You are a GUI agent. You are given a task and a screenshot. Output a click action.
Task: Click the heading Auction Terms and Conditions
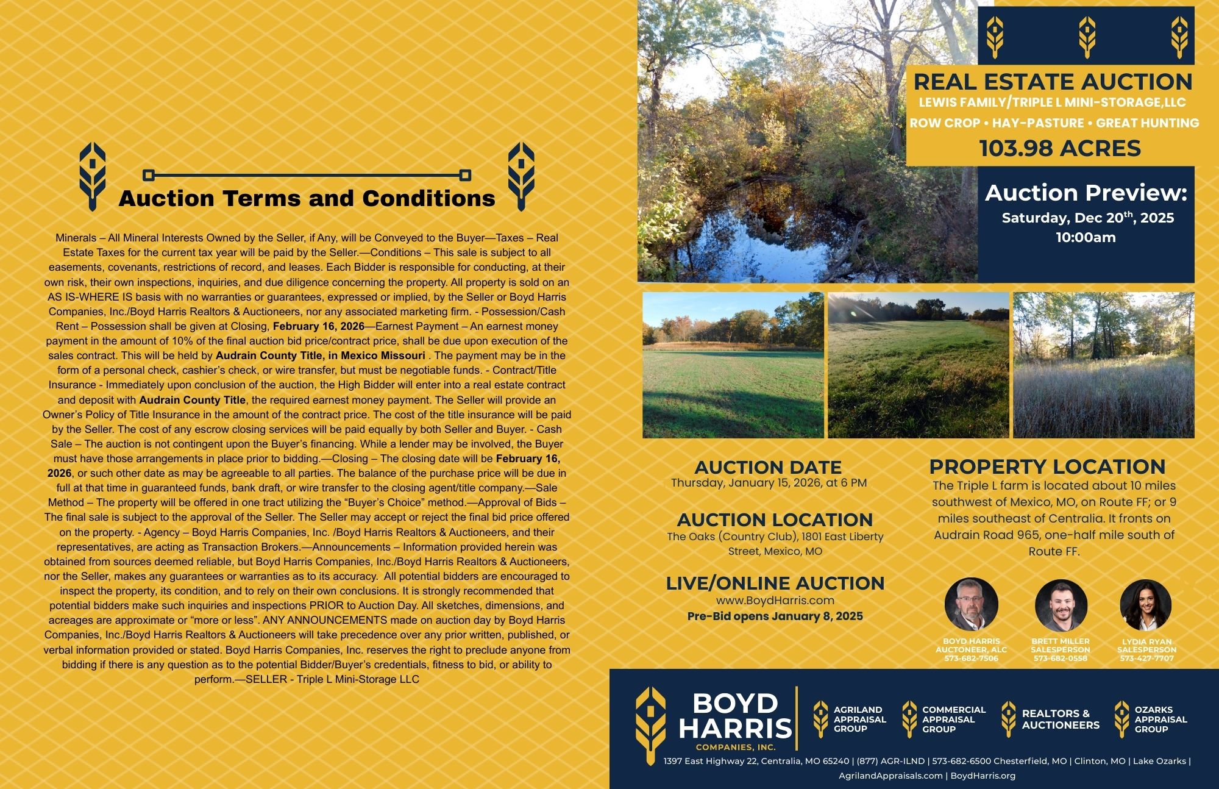point(307,199)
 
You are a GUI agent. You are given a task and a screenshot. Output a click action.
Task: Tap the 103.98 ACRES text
point(1060,148)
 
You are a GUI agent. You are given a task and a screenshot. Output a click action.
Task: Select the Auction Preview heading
point(1086,193)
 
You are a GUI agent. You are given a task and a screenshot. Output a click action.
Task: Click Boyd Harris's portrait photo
point(971,604)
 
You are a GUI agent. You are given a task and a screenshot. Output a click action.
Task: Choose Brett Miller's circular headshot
point(1061,605)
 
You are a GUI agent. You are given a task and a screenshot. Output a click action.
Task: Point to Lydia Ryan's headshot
point(1146,605)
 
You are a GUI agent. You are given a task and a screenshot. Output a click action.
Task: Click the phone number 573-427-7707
point(1146,659)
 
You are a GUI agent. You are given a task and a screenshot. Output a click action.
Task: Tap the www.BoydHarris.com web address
point(775,601)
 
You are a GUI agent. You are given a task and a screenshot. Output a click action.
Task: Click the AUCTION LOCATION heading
point(775,520)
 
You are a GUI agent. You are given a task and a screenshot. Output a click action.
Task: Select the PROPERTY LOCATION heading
point(1047,467)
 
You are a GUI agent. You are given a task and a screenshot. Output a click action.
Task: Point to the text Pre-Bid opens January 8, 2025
point(775,616)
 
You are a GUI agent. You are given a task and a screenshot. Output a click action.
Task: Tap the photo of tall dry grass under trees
point(1103,365)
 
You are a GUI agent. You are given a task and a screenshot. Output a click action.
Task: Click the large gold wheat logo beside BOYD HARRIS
point(650,718)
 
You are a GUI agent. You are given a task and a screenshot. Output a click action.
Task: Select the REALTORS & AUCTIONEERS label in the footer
point(1061,719)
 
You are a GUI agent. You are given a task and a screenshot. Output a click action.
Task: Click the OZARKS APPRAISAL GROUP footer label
point(1160,719)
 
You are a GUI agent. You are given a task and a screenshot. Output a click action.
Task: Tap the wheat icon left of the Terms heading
point(93,177)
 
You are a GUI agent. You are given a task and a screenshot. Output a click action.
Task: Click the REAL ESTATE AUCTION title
point(1053,82)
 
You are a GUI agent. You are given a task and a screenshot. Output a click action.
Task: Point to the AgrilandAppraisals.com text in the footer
point(890,776)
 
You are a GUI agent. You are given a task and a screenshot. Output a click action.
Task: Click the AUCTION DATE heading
point(768,468)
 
